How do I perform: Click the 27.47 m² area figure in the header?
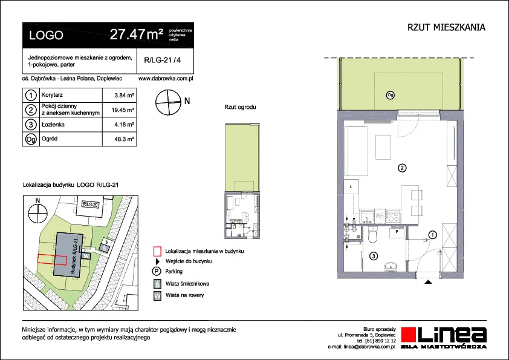[137, 34]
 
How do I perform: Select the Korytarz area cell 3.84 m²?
[124, 96]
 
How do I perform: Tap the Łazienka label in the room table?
[53, 125]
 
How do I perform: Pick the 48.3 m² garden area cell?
[124, 139]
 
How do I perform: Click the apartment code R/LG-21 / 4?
[162, 60]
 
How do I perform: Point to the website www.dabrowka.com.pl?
[166, 78]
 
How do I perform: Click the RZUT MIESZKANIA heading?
[446, 27]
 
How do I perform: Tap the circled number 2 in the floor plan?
[402, 168]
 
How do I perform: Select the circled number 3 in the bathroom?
[374, 257]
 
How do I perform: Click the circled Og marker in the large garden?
[390, 95]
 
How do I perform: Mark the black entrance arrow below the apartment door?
[429, 282]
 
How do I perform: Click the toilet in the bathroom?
[373, 235]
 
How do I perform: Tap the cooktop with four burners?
[392, 216]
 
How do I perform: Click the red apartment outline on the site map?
[52, 260]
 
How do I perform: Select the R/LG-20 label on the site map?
[90, 205]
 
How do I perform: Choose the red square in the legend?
[157, 251]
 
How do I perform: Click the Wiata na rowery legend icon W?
[157, 296]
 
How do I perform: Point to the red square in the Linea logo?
[409, 335]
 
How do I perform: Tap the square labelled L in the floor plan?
[351, 187]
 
